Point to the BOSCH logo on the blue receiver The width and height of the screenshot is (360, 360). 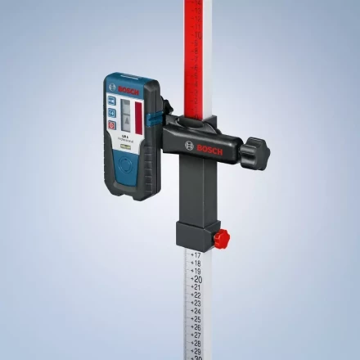pos(129,88)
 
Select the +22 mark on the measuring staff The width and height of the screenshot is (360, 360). pos(196,295)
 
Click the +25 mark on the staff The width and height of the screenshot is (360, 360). pos(196,319)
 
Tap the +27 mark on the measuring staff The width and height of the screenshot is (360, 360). pos(196,335)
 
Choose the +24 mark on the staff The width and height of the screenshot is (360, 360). pos(196,311)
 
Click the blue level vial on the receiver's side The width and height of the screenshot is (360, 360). pos(153,124)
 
